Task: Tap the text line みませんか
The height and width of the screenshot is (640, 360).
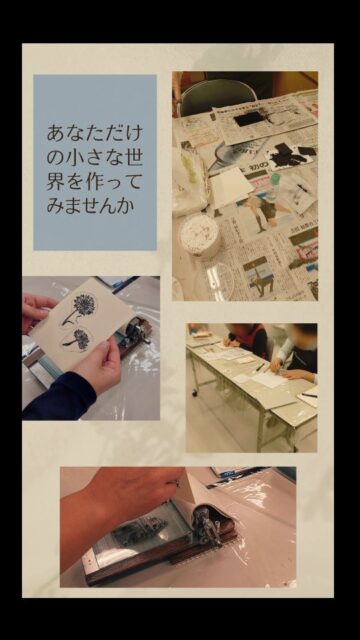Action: click(95, 206)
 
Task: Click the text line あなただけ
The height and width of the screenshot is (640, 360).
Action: click(95, 132)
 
